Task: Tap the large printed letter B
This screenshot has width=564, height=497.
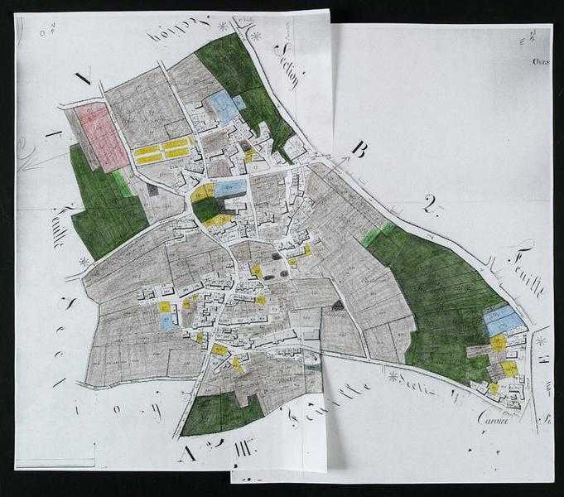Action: pyautogui.click(x=359, y=149)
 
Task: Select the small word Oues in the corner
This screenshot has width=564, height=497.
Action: pyautogui.click(x=541, y=60)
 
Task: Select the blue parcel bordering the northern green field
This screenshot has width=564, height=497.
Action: pyautogui.click(x=222, y=106)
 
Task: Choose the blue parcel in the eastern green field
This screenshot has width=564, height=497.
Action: pyautogui.click(x=504, y=320)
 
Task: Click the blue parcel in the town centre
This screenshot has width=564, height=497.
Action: pyautogui.click(x=231, y=188)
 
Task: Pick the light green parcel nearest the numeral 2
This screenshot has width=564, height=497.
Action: pyautogui.click(x=378, y=234)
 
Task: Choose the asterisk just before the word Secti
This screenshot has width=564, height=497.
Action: pyautogui.click(x=392, y=376)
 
